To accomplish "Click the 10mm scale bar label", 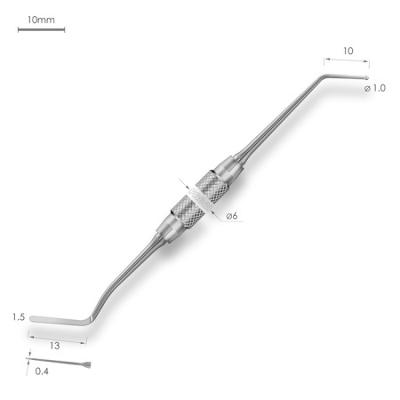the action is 41,20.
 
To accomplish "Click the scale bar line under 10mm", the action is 41,29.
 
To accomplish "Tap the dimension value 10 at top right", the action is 348,51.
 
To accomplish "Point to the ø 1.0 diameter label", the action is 375,88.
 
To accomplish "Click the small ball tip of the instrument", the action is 366,78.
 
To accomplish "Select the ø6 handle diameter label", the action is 232,216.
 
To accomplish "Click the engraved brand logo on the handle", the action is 200,199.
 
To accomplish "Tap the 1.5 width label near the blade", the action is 19,317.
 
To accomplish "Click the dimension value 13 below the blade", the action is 54,346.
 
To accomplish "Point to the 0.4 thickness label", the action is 42,372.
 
